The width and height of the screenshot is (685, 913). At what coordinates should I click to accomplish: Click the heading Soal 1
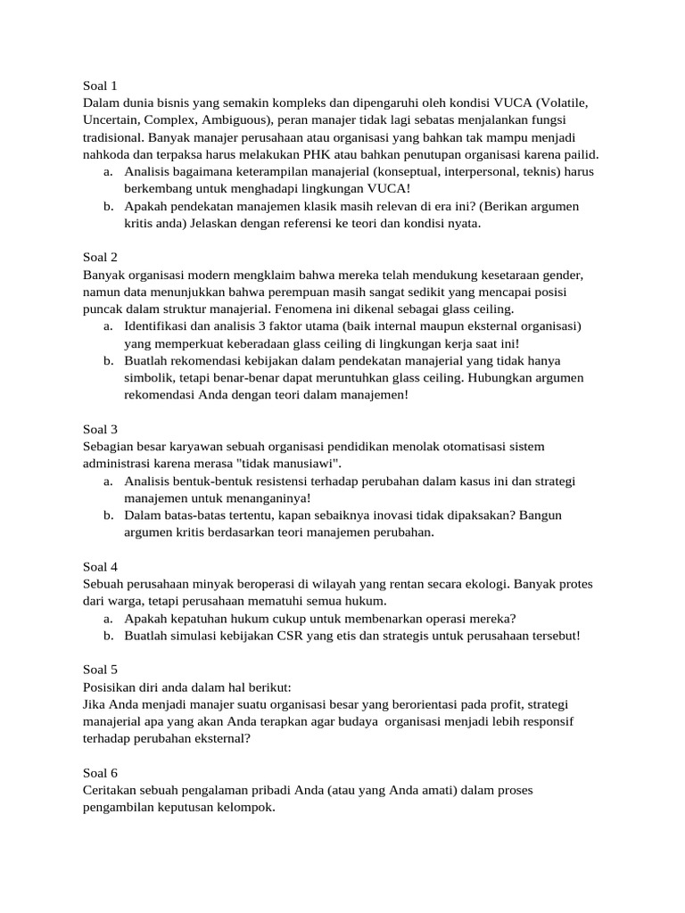pos(100,86)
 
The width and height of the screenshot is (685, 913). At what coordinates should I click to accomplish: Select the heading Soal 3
pos(100,429)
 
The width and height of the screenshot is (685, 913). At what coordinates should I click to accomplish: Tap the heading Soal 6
pos(100,772)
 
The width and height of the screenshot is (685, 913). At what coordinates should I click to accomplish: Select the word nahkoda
pos(106,154)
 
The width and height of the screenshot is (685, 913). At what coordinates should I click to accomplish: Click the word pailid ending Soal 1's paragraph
pos(577,154)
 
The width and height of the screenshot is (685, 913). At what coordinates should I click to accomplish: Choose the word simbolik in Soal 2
pos(150,378)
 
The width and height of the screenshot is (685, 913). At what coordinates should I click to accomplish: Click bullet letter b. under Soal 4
pos(107,636)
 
